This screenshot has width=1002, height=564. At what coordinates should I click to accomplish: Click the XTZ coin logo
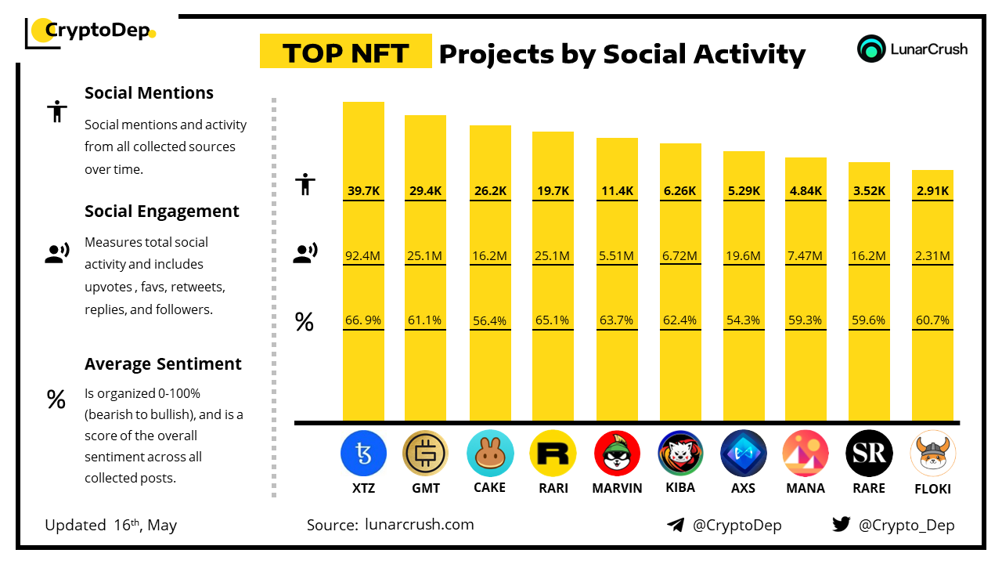[363, 454]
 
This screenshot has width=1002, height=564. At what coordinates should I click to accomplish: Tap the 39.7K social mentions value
[363, 190]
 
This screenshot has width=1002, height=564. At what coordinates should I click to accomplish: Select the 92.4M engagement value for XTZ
[363, 255]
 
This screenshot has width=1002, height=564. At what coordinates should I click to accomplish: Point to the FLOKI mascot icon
[933, 454]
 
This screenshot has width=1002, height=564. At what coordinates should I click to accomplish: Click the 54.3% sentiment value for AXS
[743, 320]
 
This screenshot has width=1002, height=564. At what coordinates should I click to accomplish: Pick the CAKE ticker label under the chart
[490, 488]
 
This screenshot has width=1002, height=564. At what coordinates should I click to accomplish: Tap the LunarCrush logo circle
[870, 49]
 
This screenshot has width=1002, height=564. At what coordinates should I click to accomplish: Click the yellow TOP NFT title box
[345, 52]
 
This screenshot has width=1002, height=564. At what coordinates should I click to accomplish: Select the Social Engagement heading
[161, 211]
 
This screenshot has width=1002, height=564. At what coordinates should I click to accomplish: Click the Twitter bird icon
[841, 525]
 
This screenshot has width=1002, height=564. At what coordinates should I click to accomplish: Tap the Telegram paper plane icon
[675, 525]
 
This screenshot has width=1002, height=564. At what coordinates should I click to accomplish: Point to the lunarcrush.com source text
[419, 525]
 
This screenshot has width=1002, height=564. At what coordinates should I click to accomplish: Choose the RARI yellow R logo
[553, 454]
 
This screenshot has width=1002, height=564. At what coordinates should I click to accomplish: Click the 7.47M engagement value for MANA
[806, 255]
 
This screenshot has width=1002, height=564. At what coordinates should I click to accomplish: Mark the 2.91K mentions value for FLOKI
[932, 190]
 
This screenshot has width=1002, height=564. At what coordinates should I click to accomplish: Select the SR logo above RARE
[869, 454]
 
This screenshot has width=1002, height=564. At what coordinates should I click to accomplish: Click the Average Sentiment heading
[163, 364]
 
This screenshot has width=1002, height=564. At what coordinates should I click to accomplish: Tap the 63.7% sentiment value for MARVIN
[616, 320]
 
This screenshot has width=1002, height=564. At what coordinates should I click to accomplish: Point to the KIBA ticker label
[679, 488]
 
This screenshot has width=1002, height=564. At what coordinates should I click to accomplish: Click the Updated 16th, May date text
[110, 525]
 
